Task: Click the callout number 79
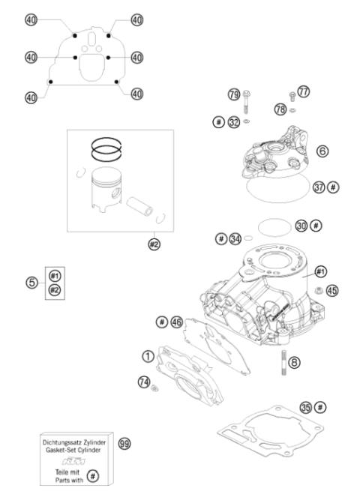pyautogui.click(x=233, y=94)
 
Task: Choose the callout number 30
pyautogui.click(x=301, y=225)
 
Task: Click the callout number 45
pyautogui.click(x=332, y=289)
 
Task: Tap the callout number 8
pyautogui.click(x=295, y=362)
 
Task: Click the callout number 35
pyautogui.click(x=305, y=407)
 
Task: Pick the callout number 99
pyautogui.click(x=125, y=445)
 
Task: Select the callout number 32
pyautogui.click(x=235, y=121)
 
